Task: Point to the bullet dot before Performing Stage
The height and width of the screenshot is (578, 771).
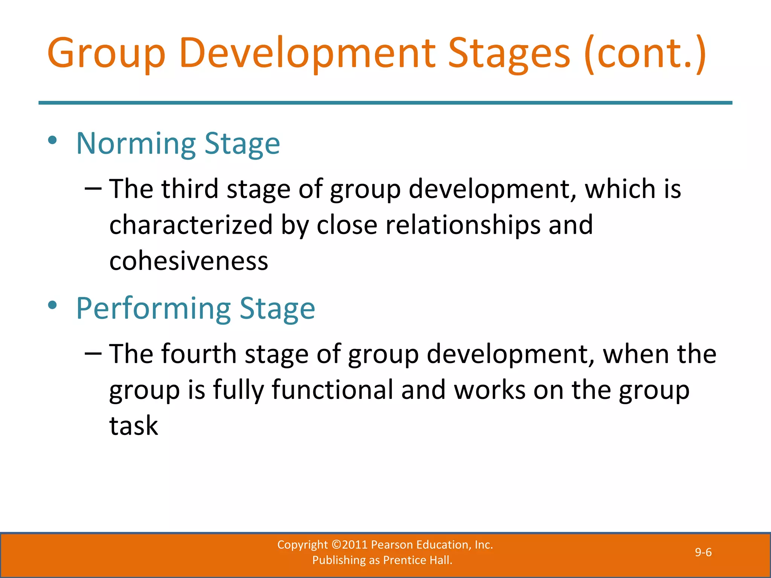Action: (x=52, y=306)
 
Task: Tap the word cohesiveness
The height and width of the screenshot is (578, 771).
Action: (x=189, y=261)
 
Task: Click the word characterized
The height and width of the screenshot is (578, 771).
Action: (x=191, y=225)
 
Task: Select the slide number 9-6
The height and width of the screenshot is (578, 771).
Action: (x=703, y=552)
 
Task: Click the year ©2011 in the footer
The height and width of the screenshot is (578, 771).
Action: (x=349, y=545)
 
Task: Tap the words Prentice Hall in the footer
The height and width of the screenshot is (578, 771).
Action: (x=417, y=560)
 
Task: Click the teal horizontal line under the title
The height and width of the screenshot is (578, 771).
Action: (x=385, y=103)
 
